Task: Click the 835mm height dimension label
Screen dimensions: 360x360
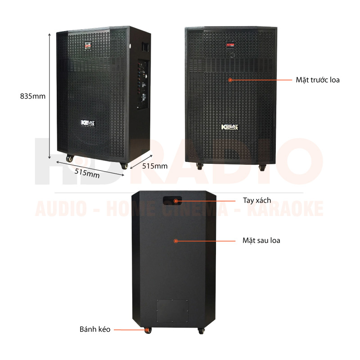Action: pos(32,96)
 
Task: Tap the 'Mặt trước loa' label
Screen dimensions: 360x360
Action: pos(318,80)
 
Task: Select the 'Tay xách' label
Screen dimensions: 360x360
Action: pos(257,201)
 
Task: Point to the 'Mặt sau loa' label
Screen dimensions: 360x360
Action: pos(261,241)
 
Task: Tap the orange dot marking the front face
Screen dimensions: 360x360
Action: pos(230,80)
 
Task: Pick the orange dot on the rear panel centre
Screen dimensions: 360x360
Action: pos(175,241)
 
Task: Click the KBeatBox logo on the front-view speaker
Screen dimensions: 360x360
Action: pos(230,127)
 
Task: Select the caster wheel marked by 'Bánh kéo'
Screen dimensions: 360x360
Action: pos(148,330)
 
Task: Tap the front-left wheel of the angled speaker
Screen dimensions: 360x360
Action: pos(70,158)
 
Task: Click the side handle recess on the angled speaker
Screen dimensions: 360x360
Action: pos(144,46)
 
